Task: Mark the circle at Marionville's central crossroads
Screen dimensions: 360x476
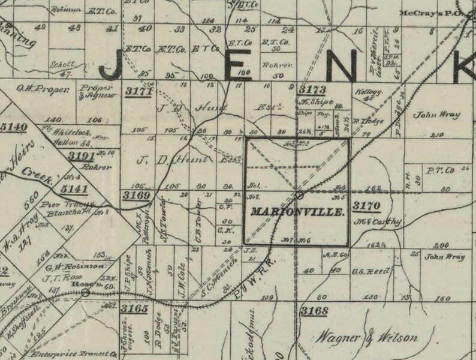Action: tap(300, 195)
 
